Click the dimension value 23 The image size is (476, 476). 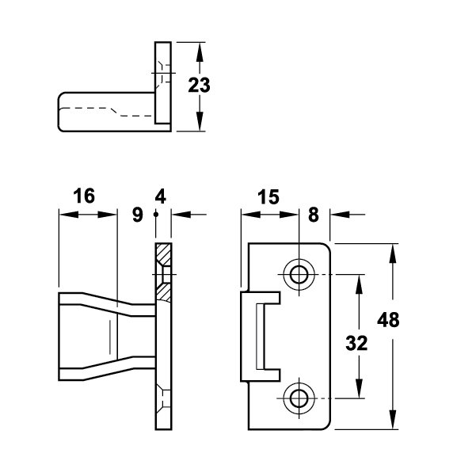coord(199,86)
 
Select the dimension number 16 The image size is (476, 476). coord(84,196)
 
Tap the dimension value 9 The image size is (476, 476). coord(138,215)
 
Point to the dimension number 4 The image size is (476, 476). coord(160,196)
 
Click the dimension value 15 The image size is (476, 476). coord(268,197)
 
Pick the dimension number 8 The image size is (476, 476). coord(314,215)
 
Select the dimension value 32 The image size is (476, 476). coord(356,344)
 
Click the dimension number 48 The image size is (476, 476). coord(388,320)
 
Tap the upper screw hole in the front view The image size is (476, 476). coord(299,274)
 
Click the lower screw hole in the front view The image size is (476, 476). coord(299,398)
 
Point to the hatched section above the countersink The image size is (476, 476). coord(164,253)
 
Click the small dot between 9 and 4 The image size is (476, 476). coord(156,215)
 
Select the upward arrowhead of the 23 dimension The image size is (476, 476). coord(199,52)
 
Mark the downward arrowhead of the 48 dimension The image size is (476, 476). coord(393,420)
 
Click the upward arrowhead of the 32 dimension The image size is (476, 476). coord(359,284)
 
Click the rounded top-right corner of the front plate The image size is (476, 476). coord(326,246)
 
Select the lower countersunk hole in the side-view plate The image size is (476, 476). coord(164,398)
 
